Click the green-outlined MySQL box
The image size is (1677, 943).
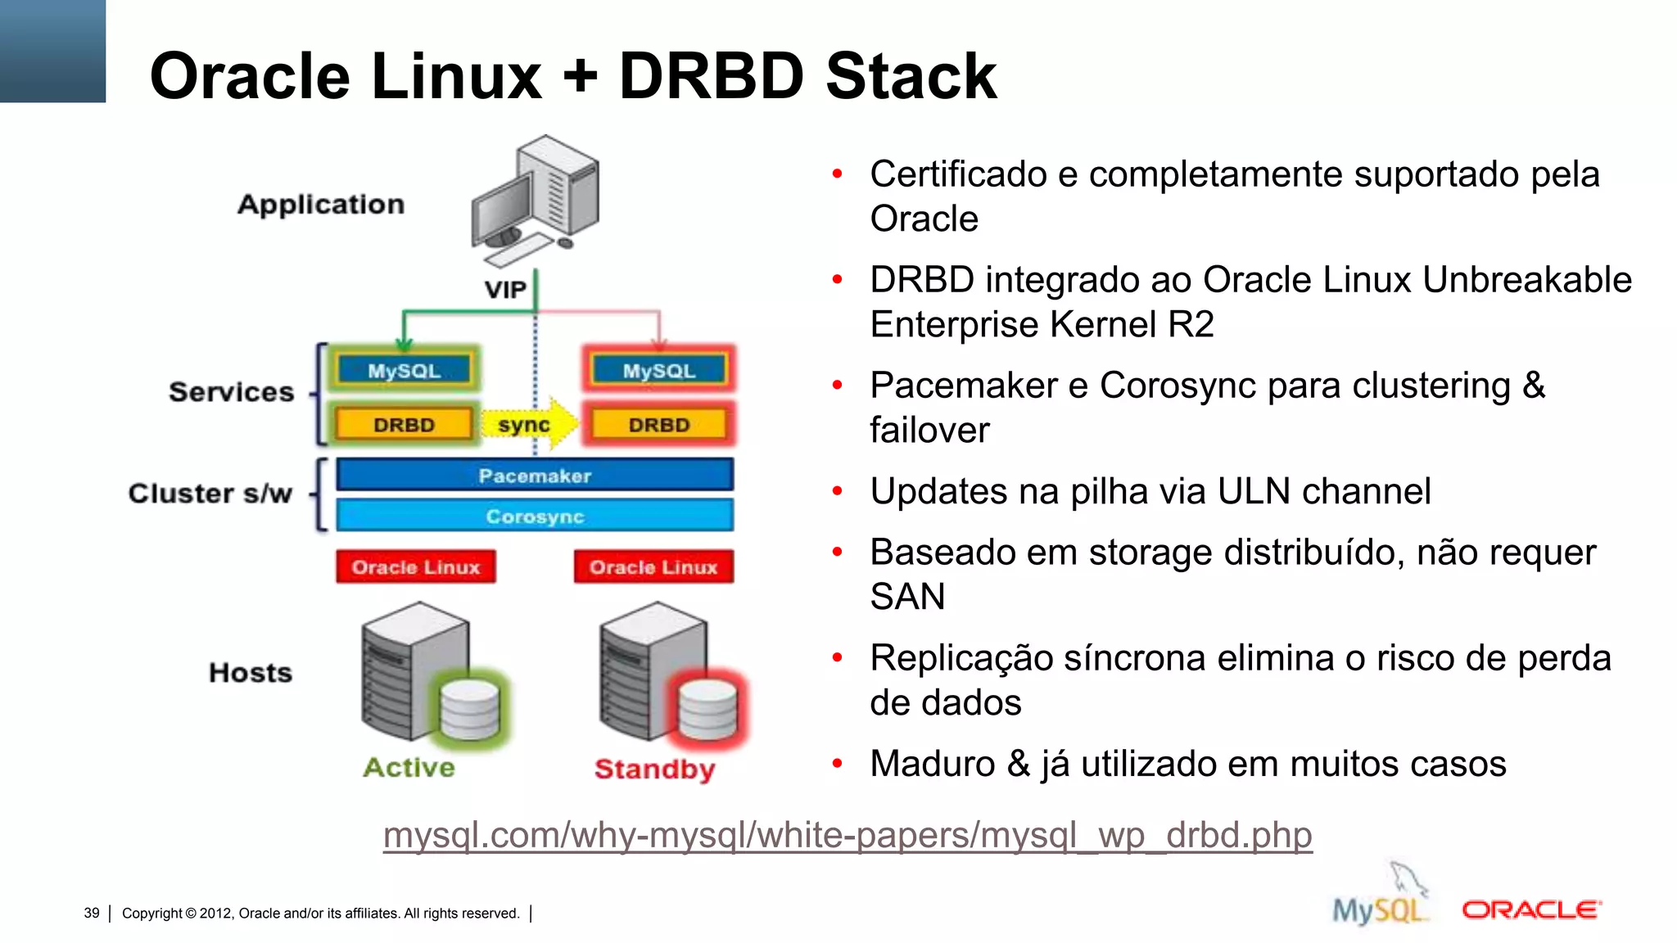click(x=404, y=370)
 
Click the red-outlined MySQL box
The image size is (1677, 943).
click(x=658, y=370)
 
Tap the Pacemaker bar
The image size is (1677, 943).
click(x=535, y=476)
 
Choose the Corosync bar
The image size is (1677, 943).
click(x=535, y=517)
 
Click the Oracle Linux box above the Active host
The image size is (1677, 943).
click(x=415, y=566)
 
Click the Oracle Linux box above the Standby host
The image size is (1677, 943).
click(x=653, y=566)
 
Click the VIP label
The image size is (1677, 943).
click(x=504, y=290)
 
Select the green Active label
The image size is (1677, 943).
click(x=409, y=767)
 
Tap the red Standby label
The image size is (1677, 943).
click(x=654, y=769)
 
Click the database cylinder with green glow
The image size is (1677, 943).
click(x=469, y=709)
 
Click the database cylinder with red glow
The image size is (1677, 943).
click(x=707, y=709)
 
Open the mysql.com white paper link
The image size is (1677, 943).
click(x=848, y=835)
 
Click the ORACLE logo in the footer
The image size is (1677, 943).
click(x=1530, y=909)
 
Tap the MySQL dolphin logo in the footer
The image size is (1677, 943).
click(x=1381, y=900)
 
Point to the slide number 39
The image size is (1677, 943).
click(x=92, y=913)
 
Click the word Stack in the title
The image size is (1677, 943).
click(x=911, y=76)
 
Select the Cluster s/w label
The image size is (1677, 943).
click(x=210, y=494)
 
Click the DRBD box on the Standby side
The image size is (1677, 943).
click(x=658, y=424)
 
